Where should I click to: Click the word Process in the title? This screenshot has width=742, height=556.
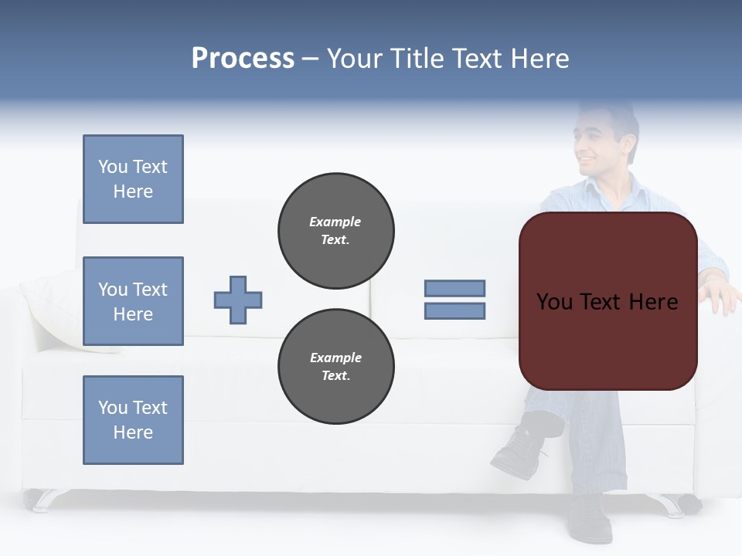point(243,59)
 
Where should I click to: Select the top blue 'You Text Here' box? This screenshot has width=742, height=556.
point(133,179)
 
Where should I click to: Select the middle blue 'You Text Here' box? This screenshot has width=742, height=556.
point(133,301)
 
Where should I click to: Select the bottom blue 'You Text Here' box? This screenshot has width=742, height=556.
point(133,420)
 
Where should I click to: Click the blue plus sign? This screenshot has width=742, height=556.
point(238,300)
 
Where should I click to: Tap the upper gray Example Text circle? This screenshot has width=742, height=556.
point(336,231)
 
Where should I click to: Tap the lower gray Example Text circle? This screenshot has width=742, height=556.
point(336,367)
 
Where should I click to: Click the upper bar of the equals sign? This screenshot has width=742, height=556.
point(454,288)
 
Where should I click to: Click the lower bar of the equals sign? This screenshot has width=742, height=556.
point(454,311)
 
